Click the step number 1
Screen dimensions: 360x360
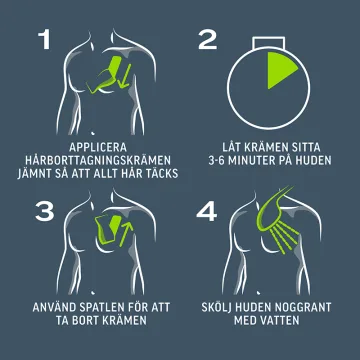pos(45,40)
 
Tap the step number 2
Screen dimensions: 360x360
pos(207,40)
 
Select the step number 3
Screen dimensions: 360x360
pos(45,211)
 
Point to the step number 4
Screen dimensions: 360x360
pos(207,211)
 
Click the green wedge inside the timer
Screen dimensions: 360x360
pos(279,69)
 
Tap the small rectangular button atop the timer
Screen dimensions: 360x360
pos(268,43)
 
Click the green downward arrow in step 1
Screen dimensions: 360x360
pos(126,76)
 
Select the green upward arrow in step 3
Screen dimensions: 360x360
pos(126,233)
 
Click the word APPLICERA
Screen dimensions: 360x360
pos(98,147)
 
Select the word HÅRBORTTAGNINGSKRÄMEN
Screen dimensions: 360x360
pos(98,160)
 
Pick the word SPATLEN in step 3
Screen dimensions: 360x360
pos(102,307)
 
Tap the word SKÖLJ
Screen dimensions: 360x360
pos(216,307)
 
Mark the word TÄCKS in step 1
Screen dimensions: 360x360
pos(161,174)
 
